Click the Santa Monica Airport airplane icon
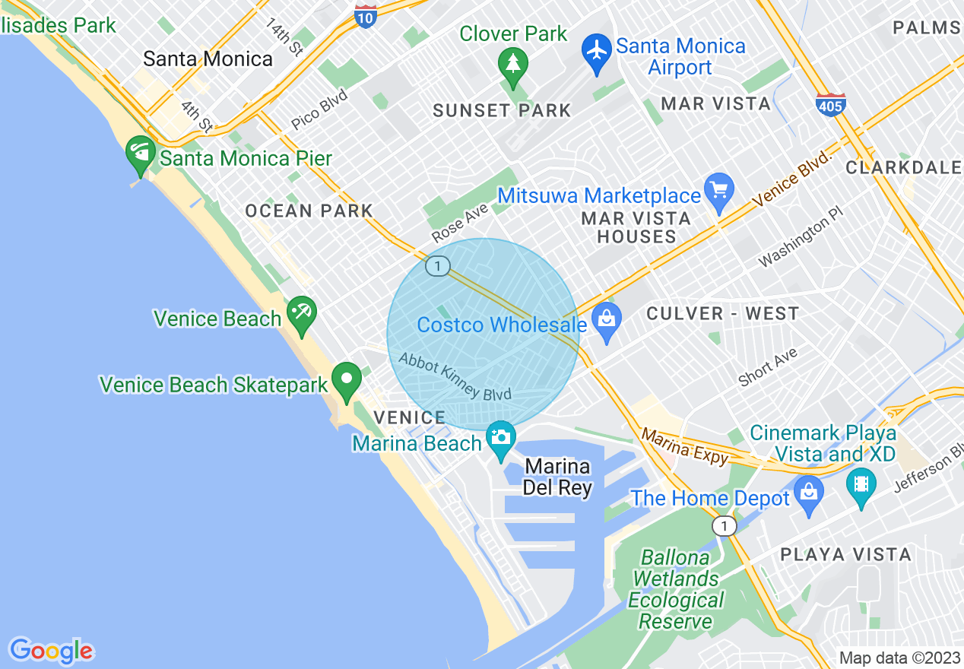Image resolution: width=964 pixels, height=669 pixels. tap(598, 50)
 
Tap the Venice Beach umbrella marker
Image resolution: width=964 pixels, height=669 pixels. tap(302, 313)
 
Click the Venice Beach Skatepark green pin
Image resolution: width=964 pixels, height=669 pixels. tap(347, 380)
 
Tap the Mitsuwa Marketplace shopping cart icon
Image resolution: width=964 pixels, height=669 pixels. tap(718, 189)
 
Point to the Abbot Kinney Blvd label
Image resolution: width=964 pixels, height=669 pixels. tap(455, 376)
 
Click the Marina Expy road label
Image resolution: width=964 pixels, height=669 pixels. tap(685, 447)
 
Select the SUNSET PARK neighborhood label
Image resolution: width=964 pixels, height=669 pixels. tap(502, 111)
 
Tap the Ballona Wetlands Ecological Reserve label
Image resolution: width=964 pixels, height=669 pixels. tap(675, 589)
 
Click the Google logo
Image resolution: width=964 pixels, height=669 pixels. tap(51, 651)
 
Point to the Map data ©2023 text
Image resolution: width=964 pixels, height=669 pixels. tap(899, 658)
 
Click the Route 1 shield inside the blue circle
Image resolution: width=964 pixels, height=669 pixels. tap(437, 266)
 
